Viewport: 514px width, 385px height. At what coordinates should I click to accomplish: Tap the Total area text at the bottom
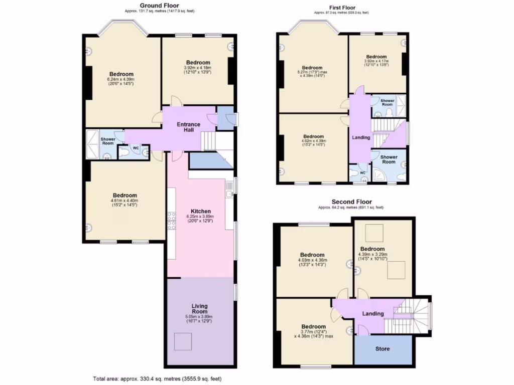click(x=157, y=379)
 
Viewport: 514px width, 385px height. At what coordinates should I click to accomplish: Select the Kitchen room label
click(x=201, y=211)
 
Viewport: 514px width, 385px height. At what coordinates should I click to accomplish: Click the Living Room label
click(x=199, y=308)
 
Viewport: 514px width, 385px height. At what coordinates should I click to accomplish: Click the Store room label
click(x=382, y=349)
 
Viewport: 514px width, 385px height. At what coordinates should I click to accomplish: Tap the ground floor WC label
click(x=136, y=148)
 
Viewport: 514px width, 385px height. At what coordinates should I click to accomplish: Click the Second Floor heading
click(x=351, y=202)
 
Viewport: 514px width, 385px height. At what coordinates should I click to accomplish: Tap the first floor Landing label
click(x=361, y=137)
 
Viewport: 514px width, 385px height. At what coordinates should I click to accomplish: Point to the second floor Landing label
click(x=372, y=314)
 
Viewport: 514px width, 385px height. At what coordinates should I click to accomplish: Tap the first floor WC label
click(x=362, y=173)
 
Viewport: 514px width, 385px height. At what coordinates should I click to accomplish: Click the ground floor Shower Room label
click(x=108, y=141)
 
